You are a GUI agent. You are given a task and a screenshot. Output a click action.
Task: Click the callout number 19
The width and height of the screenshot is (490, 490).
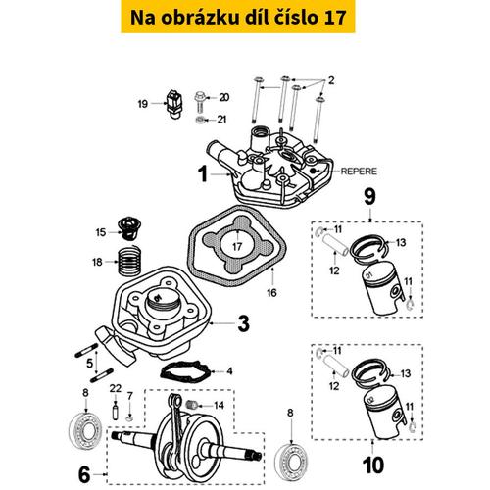click(x=142, y=103)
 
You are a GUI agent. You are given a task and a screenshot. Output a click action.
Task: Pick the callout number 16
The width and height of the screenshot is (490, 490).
click(x=271, y=292)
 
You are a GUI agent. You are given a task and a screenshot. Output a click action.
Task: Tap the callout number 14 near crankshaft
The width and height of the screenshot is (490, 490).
click(x=245, y=405)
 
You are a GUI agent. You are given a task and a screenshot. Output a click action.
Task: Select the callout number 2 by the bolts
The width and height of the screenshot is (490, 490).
click(x=331, y=79)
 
